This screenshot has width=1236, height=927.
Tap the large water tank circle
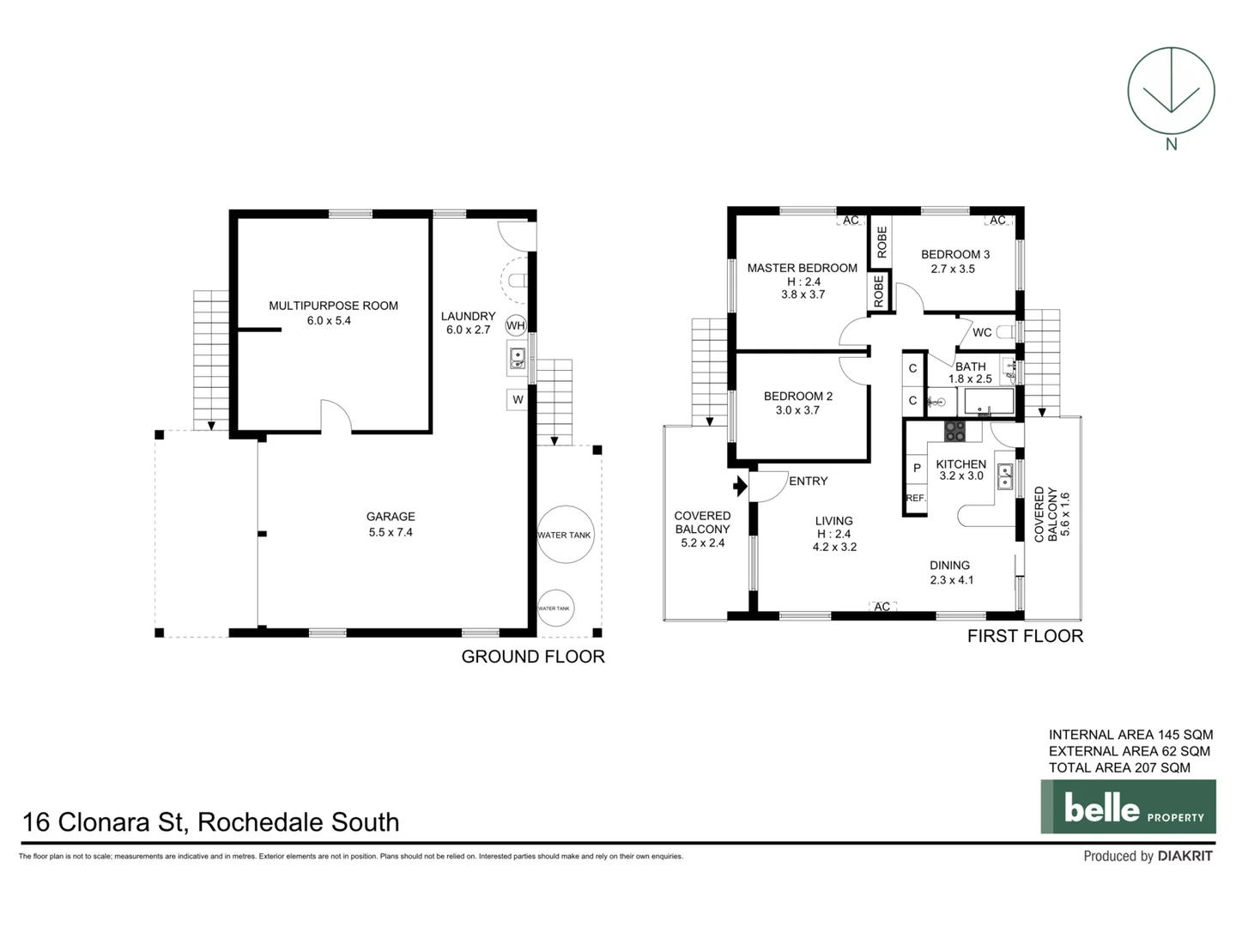click(x=564, y=535)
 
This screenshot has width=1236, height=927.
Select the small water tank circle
click(x=554, y=609)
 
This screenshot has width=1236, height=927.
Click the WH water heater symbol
click(x=515, y=325)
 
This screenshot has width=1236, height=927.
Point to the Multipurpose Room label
click(x=333, y=306)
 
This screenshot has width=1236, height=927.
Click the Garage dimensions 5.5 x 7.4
click(x=391, y=532)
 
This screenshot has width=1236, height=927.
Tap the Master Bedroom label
click(x=802, y=268)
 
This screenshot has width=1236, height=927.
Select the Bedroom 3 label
click(x=954, y=254)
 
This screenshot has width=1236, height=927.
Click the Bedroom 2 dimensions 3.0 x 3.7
click(x=797, y=410)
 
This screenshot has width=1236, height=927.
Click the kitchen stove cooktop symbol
click(x=954, y=430)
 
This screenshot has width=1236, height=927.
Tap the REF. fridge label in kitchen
click(x=916, y=498)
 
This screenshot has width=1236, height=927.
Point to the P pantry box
click(x=917, y=469)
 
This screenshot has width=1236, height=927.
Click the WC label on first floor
click(x=982, y=332)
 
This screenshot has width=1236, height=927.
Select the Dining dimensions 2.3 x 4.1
click(x=952, y=580)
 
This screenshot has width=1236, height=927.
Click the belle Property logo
click(x=1128, y=807)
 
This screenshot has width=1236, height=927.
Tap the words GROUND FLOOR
click(x=533, y=657)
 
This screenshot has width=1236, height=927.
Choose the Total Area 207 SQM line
click(x=1119, y=767)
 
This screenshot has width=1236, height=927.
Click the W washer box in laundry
click(x=518, y=399)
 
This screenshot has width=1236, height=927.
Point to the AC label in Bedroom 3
click(x=997, y=221)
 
